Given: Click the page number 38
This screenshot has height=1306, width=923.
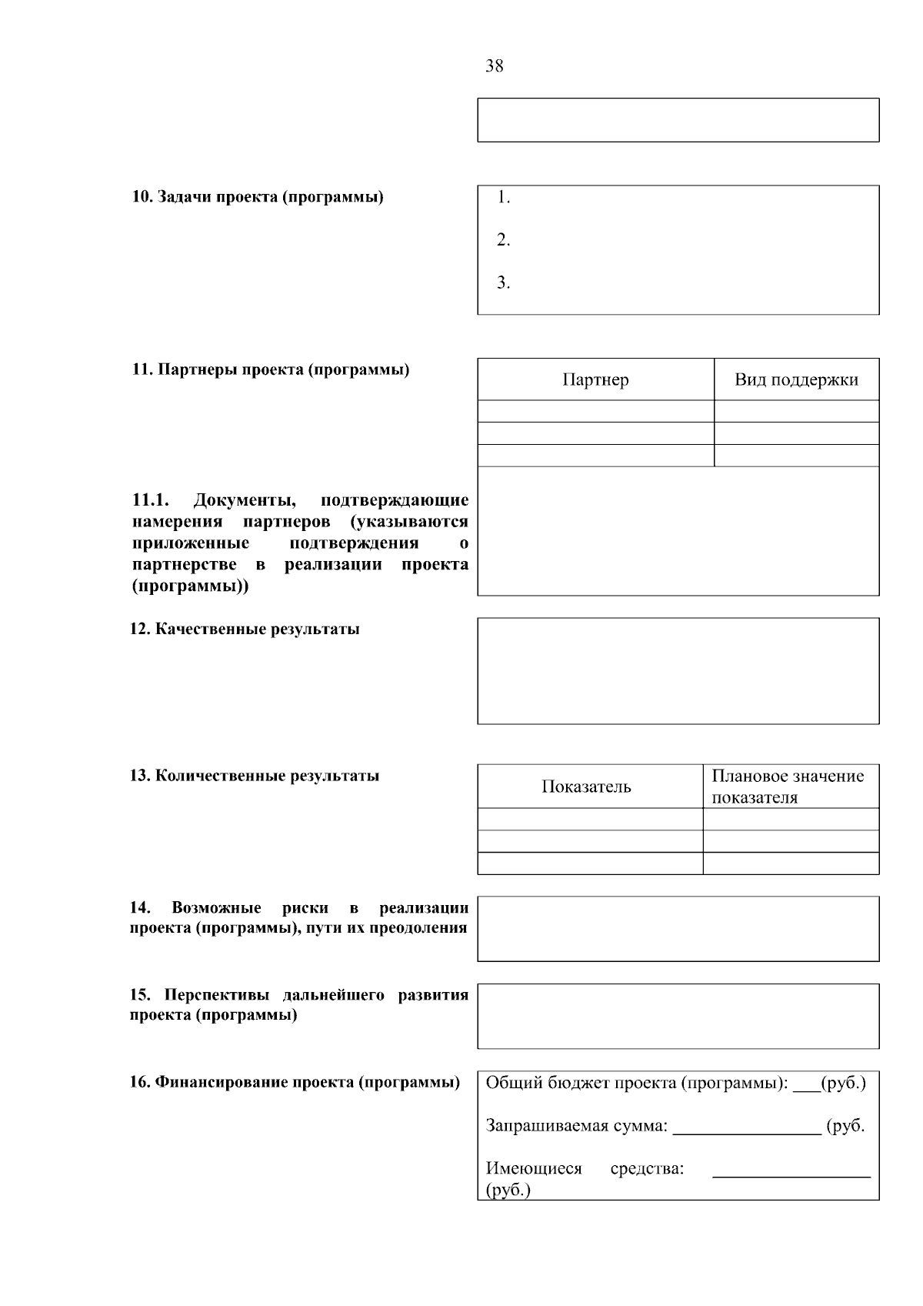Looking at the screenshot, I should point(495,66).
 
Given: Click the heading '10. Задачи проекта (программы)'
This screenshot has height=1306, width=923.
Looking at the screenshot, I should point(258,197).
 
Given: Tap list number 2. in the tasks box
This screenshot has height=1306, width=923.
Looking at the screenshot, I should point(503,240).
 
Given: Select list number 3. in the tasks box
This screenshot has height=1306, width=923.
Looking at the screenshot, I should point(503,283).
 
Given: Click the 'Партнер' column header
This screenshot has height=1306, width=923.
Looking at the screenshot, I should point(595,379).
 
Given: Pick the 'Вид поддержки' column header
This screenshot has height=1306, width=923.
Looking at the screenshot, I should point(796,379).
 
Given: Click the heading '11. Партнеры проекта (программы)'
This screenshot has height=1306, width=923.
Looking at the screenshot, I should point(271,369).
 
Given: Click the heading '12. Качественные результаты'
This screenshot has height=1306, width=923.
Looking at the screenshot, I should point(245,630).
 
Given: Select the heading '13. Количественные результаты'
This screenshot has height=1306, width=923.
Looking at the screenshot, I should point(255,776).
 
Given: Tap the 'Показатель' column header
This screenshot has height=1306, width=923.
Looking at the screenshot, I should point(586,787).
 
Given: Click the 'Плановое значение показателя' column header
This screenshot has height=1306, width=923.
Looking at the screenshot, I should point(788,787).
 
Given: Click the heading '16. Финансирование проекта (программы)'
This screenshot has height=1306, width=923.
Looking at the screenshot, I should point(295,1083).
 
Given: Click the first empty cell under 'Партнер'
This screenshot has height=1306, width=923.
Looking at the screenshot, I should point(595,411).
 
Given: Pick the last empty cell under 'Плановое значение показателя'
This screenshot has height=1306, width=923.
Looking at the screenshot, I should point(791,863).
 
